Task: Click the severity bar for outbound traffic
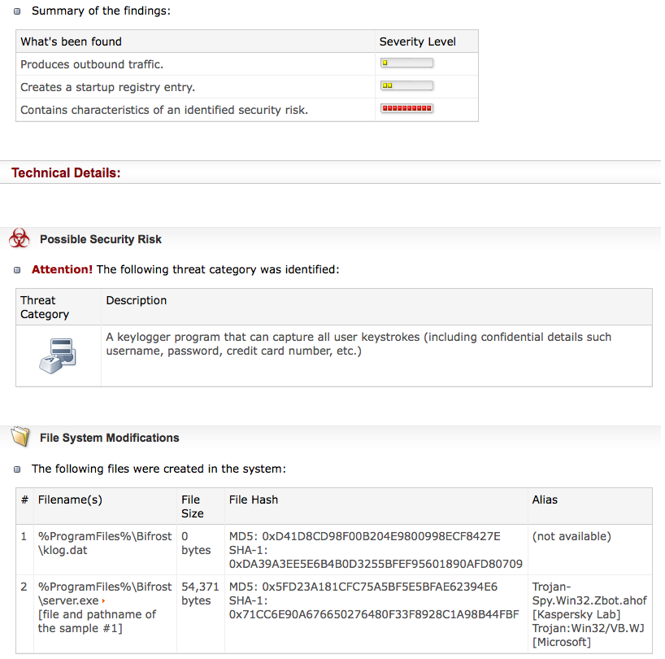tap(406, 63)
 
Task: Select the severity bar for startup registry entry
tap(406, 85)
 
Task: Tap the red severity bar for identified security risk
tap(406, 108)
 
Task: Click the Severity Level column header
tap(417, 41)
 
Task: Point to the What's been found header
tap(71, 41)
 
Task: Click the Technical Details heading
tap(66, 172)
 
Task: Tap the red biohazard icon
tap(20, 238)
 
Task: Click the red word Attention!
tap(62, 269)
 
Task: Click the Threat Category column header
tap(45, 308)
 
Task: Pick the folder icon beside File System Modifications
tap(20, 437)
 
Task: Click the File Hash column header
tap(254, 500)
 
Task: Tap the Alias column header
tap(545, 500)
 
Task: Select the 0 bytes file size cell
tap(196, 543)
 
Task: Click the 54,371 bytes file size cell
tap(200, 593)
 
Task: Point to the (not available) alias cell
tap(572, 536)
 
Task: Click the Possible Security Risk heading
tap(101, 239)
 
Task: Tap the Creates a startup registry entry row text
tap(107, 87)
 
